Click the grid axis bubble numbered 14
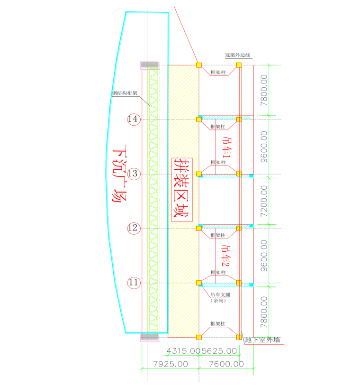(x=134, y=119)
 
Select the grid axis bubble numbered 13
(x=134, y=174)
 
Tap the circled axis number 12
(x=134, y=229)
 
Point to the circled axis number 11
(x=134, y=283)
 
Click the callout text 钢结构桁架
(x=125, y=93)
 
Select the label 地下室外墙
(x=262, y=340)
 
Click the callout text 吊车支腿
(x=219, y=294)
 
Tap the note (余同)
(x=218, y=300)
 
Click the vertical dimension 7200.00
(x=263, y=202)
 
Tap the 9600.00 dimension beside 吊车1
(x=263, y=147)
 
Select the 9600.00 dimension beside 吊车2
(x=263, y=256)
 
